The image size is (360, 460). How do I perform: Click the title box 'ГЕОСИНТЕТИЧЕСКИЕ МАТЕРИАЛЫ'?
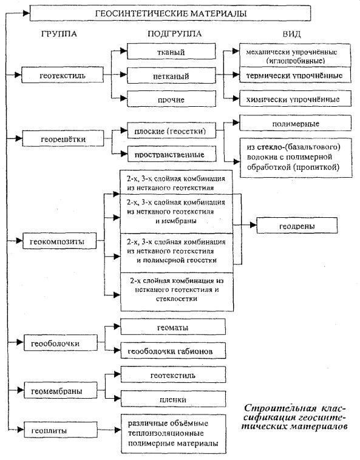170,13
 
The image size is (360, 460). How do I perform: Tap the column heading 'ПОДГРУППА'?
174,34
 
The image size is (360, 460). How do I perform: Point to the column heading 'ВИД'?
291,34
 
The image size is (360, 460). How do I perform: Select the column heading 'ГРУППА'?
59,34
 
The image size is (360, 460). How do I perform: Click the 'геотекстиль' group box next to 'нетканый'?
63,75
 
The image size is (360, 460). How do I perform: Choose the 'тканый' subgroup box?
171,52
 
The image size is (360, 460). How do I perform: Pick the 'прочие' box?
171,99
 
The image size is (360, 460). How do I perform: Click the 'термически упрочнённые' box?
295,75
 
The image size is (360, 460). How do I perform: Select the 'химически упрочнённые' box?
295,98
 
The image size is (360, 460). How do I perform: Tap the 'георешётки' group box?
63,138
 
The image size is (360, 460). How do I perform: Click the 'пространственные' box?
172,154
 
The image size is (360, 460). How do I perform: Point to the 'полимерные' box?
296,123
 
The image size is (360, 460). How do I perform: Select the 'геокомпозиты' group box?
59,241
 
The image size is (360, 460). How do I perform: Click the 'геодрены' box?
297,225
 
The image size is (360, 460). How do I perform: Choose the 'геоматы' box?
173,327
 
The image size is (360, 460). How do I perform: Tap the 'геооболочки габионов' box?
173,351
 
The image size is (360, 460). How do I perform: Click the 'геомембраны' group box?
61,390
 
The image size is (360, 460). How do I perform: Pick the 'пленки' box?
173,399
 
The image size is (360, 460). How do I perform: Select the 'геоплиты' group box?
61,430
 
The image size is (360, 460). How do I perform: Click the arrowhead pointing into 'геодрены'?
254,225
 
